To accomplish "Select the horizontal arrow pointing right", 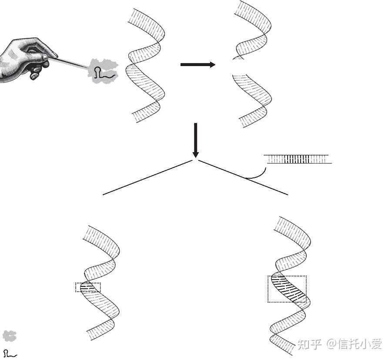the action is point(198,65).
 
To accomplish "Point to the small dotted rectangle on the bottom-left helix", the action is point(88,287).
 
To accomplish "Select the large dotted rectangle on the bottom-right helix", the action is point(287,289).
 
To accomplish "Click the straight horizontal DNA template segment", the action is point(298,159).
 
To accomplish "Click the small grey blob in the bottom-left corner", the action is point(9,336).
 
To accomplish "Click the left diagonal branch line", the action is point(147,177).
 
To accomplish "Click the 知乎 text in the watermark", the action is point(309,345).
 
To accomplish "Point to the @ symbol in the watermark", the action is point(332,345).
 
